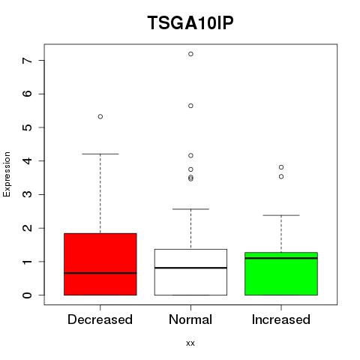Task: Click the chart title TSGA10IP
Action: click(x=190, y=22)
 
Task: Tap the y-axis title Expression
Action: click(x=7, y=174)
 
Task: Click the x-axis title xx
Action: click(x=190, y=343)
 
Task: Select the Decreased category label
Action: click(x=100, y=319)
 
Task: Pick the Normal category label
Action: click(x=190, y=319)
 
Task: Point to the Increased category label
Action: click(x=281, y=319)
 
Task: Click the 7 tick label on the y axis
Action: click(x=27, y=61)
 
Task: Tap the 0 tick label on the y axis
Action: click(x=27, y=295)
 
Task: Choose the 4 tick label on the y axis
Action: click(x=27, y=161)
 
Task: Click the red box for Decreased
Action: click(x=100, y=264)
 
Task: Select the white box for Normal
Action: click(x=190, y=272)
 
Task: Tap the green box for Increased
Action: click(x=281, y=274)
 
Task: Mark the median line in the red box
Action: click(x=100, y=273)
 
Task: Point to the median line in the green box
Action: click(x=281, y=258)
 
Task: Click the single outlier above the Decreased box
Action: click(x=100, y=116)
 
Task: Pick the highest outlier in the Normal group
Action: click(x=190, y=54)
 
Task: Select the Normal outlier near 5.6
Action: click(x=190, y=106)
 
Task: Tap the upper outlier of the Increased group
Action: click(x=281, y=167)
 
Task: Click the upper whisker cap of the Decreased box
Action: click(x=100, y=154)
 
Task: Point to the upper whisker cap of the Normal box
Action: click(x=190, y=209)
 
